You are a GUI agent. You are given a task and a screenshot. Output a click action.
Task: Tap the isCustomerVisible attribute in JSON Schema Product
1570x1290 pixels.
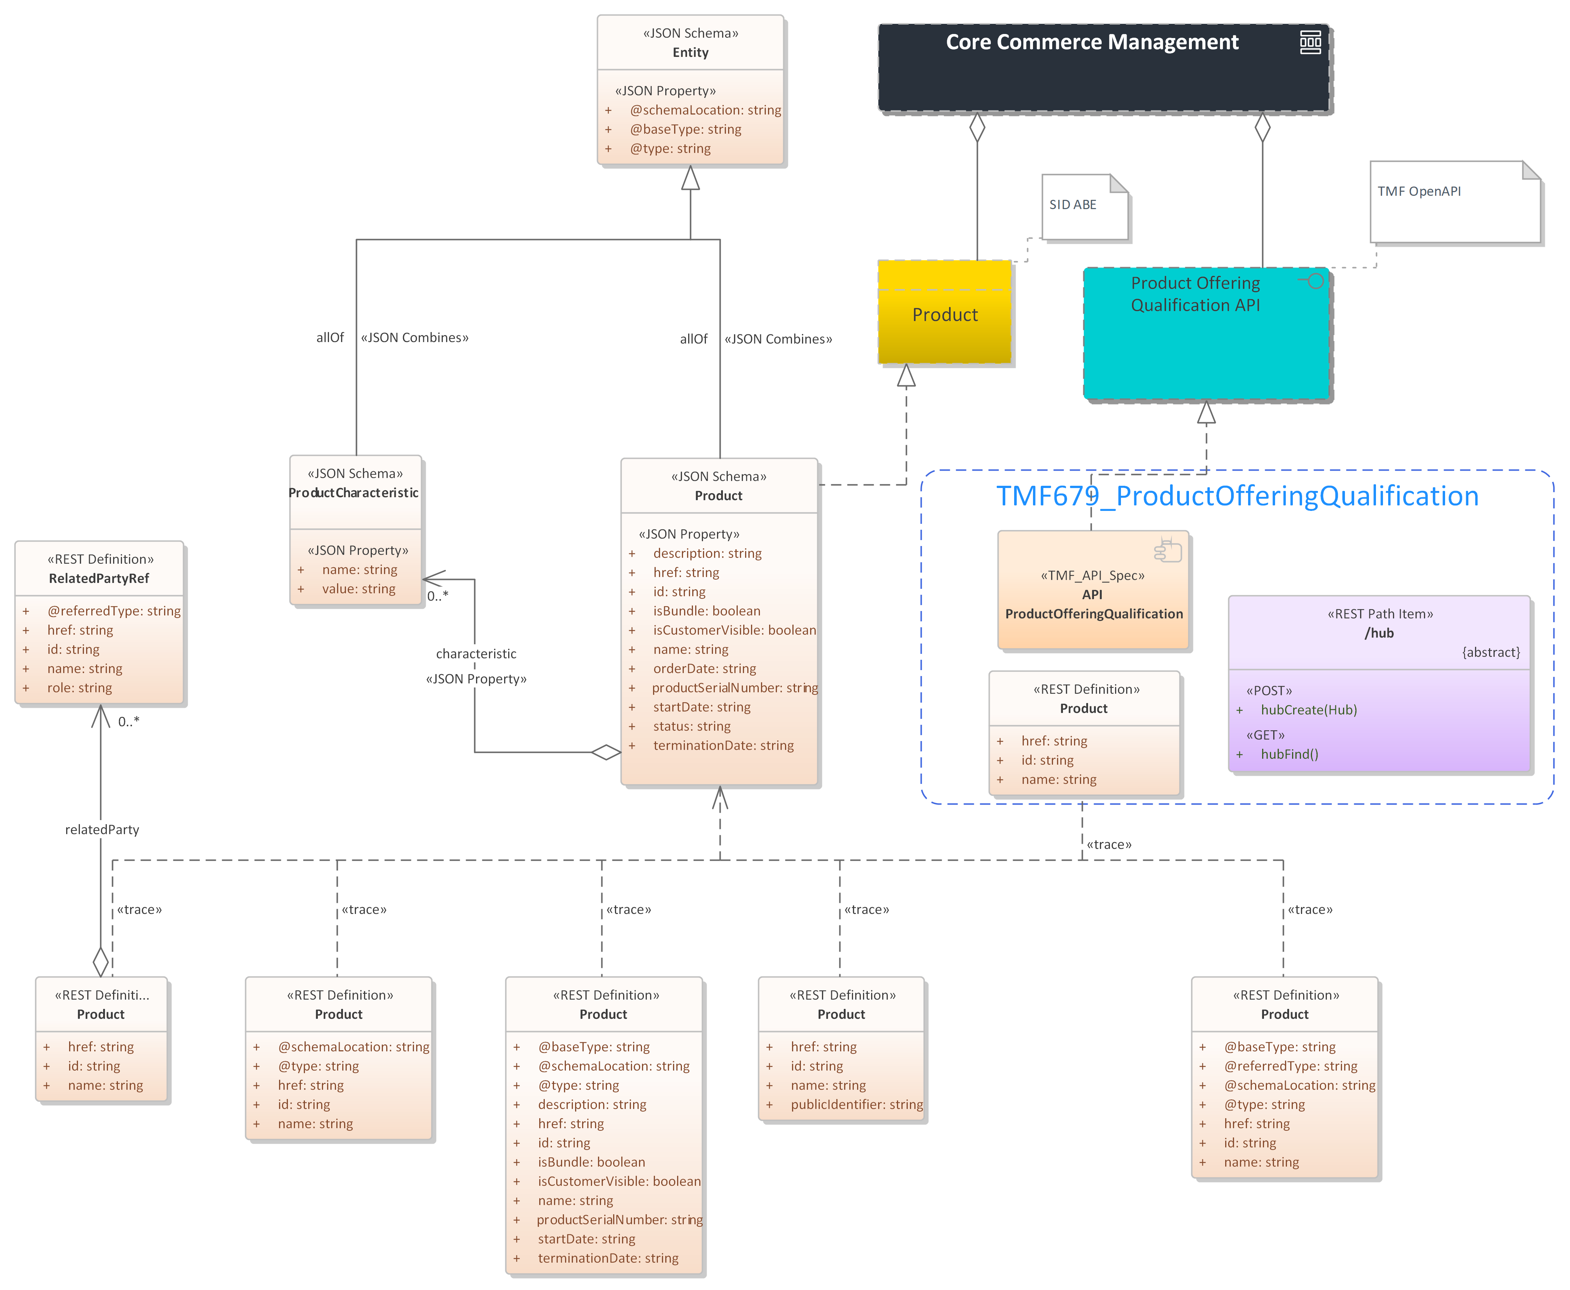(734, 630)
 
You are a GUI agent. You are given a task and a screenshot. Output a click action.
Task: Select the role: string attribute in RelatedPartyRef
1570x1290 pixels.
(79, 688)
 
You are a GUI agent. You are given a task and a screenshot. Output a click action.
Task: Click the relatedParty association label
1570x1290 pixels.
(102, 830)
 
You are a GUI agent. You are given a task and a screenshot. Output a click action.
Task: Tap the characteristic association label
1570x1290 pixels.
(476, 654)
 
